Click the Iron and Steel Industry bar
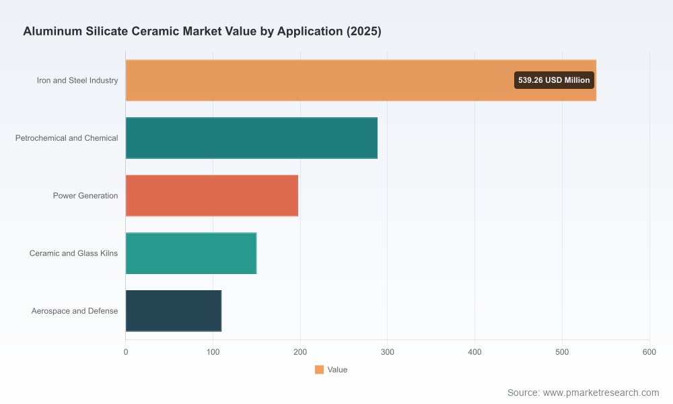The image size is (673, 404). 361,80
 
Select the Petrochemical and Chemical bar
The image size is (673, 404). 252,138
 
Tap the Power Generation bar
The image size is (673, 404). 212,195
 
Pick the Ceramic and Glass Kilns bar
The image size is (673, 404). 191,253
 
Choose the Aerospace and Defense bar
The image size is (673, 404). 174,311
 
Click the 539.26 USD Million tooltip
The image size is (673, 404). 554,80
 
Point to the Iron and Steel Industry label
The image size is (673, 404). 77,80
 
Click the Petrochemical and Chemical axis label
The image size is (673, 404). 67,138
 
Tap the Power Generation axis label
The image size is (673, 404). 85,195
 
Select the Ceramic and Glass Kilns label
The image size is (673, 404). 73,253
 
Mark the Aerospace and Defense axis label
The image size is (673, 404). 75,311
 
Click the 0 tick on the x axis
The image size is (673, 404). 126,352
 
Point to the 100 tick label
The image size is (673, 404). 213,352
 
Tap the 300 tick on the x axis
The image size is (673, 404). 388,352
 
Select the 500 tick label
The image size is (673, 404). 562,352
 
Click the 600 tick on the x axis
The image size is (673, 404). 649,352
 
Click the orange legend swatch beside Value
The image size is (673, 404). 319,370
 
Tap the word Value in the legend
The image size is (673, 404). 337,370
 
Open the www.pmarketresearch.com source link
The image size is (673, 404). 601,393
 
